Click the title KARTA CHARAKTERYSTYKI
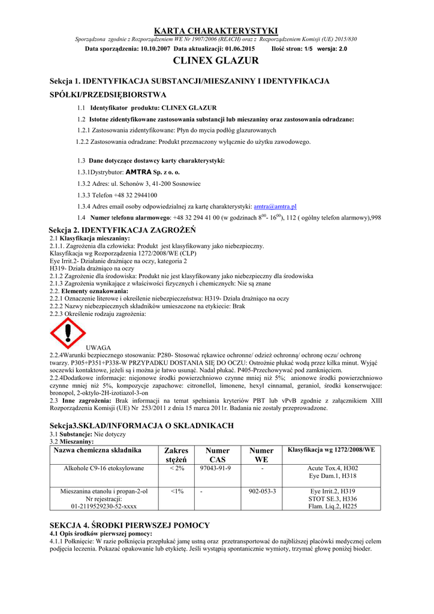click(216, 31)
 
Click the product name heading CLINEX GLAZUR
click(216, 61)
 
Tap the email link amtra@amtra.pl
click(275, 206)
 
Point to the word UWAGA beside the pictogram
click(99, 348)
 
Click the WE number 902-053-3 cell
click(262, 491)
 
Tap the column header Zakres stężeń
click(176, 455)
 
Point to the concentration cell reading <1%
click(176, 491)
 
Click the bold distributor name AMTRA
click(137, 171)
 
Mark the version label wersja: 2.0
click(332, 48)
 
